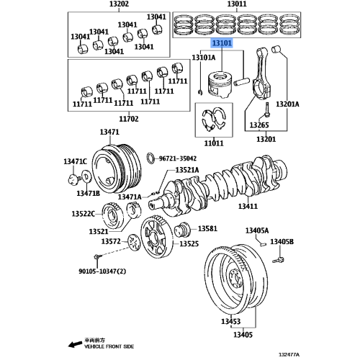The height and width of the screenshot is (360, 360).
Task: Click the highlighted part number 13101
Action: coord(221,44)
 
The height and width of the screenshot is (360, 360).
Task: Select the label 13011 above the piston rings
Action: coord(235,4)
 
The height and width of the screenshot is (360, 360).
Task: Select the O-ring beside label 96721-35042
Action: coord(149,158)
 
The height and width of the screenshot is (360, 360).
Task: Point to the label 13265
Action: coord(259,125)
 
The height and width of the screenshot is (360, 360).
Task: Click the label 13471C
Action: coord(75,161)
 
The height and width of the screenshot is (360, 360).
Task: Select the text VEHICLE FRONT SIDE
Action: coord(89,348)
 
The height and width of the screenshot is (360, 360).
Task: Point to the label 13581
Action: coord(207,228)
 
